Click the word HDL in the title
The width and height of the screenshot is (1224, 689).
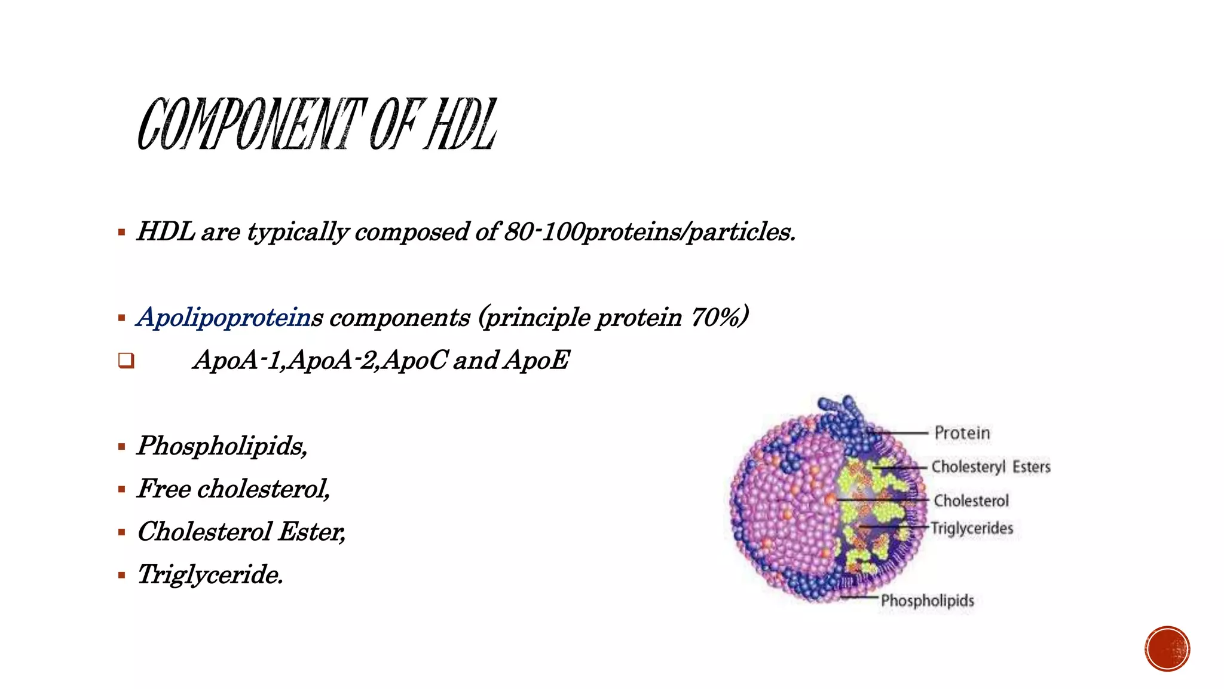[x=460, y=124]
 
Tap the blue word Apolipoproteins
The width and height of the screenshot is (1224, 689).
[x=229, y=317]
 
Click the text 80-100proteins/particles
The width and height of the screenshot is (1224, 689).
[x=650, y=232]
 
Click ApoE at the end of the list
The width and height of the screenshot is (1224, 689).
[x=536, y=360]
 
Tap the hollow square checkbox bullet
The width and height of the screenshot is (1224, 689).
[x=126, y=361]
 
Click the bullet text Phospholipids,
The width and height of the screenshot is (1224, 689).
[x=222, y=446]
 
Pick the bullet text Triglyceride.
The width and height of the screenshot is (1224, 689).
[x=210, y=575]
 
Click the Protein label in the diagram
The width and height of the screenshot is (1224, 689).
[x=962, y=432]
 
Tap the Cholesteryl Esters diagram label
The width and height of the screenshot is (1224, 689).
[x=990, y=467]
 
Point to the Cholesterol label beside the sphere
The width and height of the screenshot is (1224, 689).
[x=971, y=500]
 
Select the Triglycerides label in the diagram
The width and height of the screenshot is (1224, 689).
[x=972, y=528]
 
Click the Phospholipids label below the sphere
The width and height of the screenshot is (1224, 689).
[x=927, y=600]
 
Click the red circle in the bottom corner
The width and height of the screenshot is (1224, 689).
[x=1167, y=649]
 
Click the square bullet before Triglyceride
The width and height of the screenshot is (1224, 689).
[x=122, y=575]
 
